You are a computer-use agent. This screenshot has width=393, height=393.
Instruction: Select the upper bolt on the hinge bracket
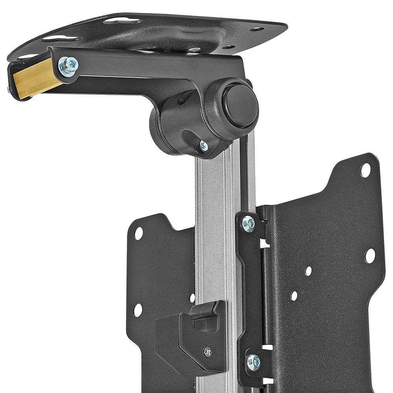coord(248,223)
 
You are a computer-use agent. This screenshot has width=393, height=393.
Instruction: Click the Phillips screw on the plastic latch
coord(208,351)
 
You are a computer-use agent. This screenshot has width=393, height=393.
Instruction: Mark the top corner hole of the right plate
coord(365,170)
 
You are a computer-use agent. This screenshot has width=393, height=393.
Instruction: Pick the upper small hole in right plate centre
coord(309,271)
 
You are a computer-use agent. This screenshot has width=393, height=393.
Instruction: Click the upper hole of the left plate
coord(139,233)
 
